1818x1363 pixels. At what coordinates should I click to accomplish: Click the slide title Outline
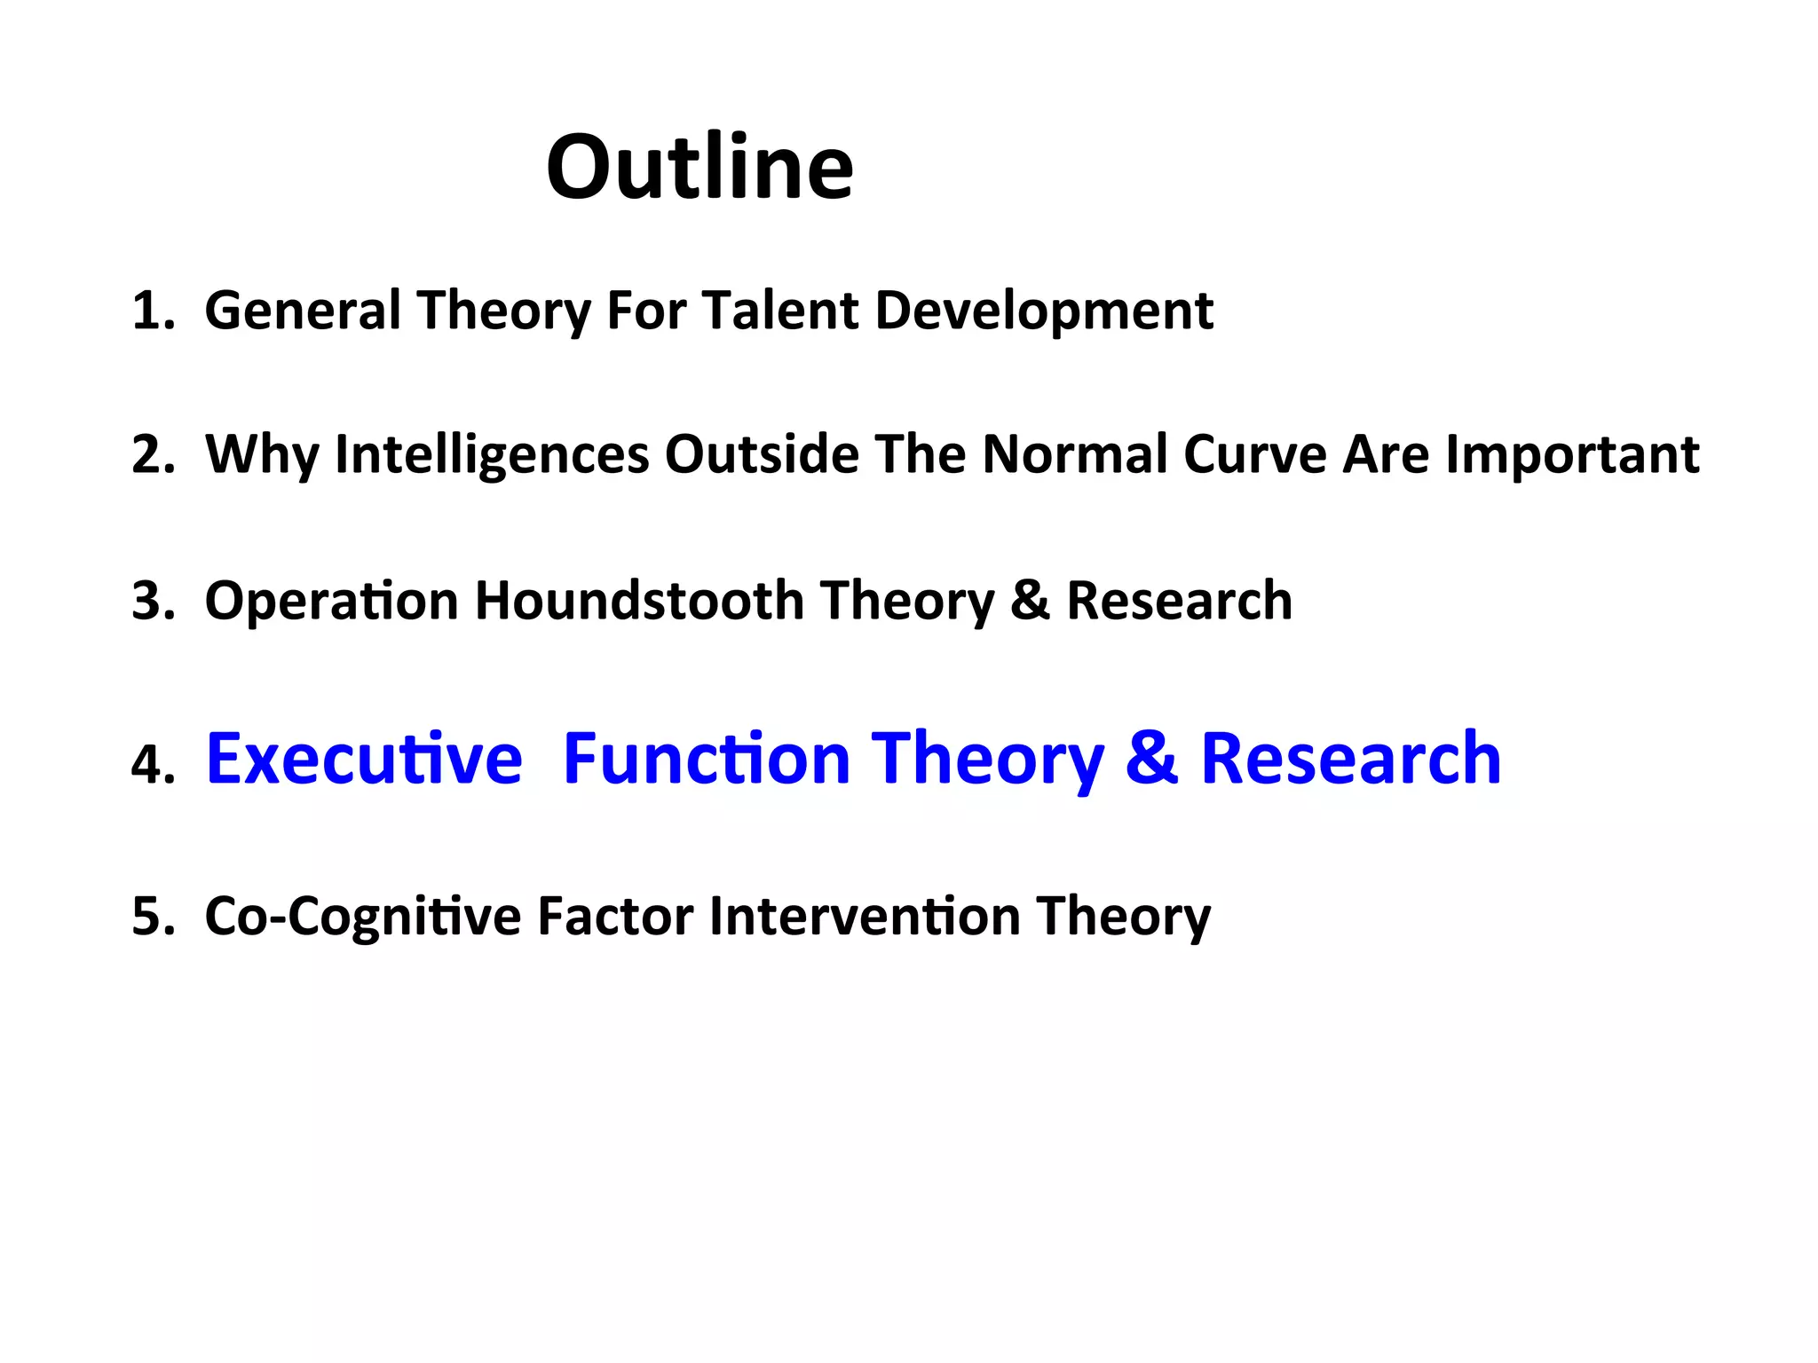(700, 167)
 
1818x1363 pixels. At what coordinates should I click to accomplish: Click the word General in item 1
(303, 311)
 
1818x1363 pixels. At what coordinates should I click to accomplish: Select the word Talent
(780, 311)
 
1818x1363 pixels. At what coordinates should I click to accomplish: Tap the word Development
(1044, 311)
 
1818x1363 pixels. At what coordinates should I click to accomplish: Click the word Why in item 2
(262, 455)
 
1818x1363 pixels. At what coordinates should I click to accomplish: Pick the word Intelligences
(492, 455)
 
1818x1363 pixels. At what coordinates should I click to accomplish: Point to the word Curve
(1254, 455)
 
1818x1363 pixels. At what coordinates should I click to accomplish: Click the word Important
(1572, 455)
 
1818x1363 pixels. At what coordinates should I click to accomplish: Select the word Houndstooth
(639, 601)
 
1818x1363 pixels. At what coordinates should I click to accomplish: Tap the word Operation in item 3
(331, 601)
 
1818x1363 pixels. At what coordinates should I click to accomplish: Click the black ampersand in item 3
(1030, 601)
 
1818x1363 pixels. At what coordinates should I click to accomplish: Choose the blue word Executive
(364, 760)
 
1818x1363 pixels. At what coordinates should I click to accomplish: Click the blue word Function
(707, 760)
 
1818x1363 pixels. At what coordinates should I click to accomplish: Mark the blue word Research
(1350, 760)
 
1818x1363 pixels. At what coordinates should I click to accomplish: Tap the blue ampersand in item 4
(1151, 760)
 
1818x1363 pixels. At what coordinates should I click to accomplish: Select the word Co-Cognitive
(362, 917)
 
